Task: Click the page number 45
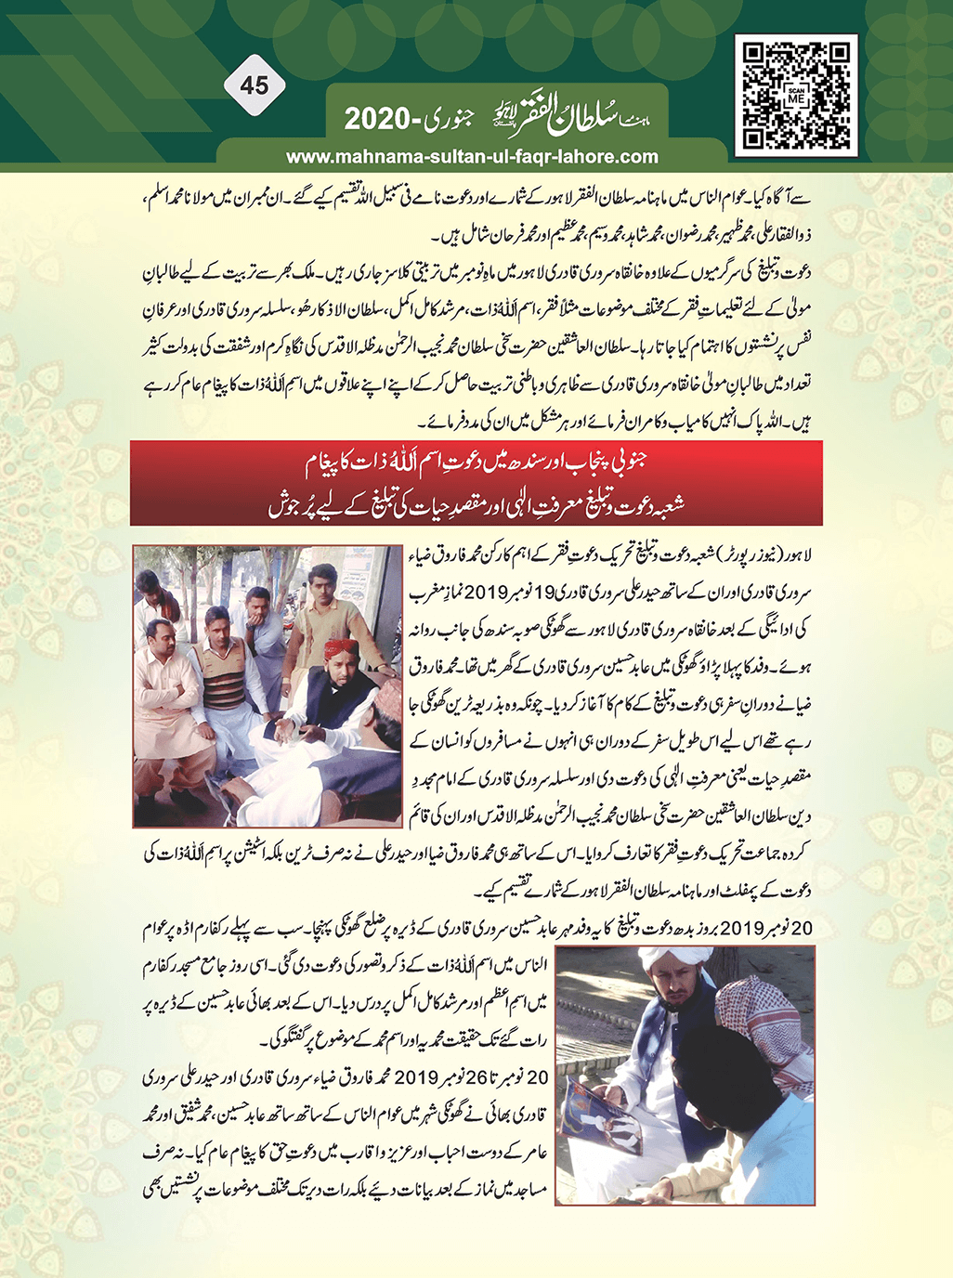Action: coord(254,85)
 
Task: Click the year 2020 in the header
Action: coord(377,120)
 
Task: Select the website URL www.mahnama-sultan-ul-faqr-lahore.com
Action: coord(472,157)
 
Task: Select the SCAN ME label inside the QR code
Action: coord(796,96)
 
